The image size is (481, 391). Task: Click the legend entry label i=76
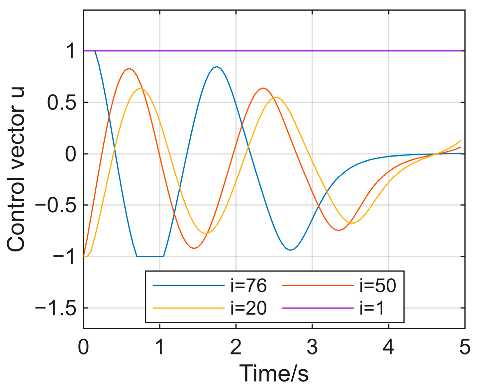(x=248, y=286)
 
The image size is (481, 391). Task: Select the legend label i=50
(x=378, y=286)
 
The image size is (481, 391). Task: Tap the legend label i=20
(x=248, y=308)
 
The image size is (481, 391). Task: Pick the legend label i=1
(x=372, y=308)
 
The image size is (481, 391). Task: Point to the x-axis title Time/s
(x=274, y=373)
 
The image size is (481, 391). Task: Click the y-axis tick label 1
(x=70, y=52)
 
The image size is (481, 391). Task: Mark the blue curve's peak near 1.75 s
(x=217, y=67)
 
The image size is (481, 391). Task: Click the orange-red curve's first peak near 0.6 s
(x=129, y=69)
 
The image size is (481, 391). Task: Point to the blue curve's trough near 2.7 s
(x=290, y=250)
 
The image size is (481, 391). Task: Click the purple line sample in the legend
(x=318, y=308)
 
